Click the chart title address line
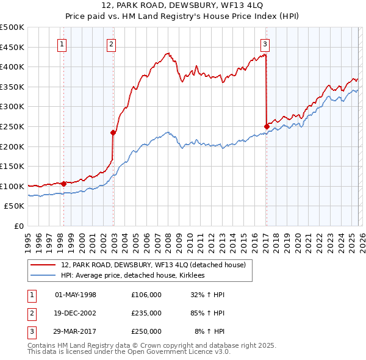(x=183, y=5)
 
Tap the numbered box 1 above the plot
(x=63, y=43)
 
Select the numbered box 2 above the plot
(x=112, y=43)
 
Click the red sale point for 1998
(x=63, y=183)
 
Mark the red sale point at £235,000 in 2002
(x=113, y=132)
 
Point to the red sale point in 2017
(x=267, y=126)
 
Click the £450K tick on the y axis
(x=12, y=47)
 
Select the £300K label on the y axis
(x=12, y=107)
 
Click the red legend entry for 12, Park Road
(x=153, y=265)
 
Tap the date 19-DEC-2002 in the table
(x=76, y=313)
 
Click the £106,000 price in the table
(x=146, y=295)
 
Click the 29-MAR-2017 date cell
(x=76, y=331)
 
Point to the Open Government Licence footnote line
(x=129, y=351)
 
